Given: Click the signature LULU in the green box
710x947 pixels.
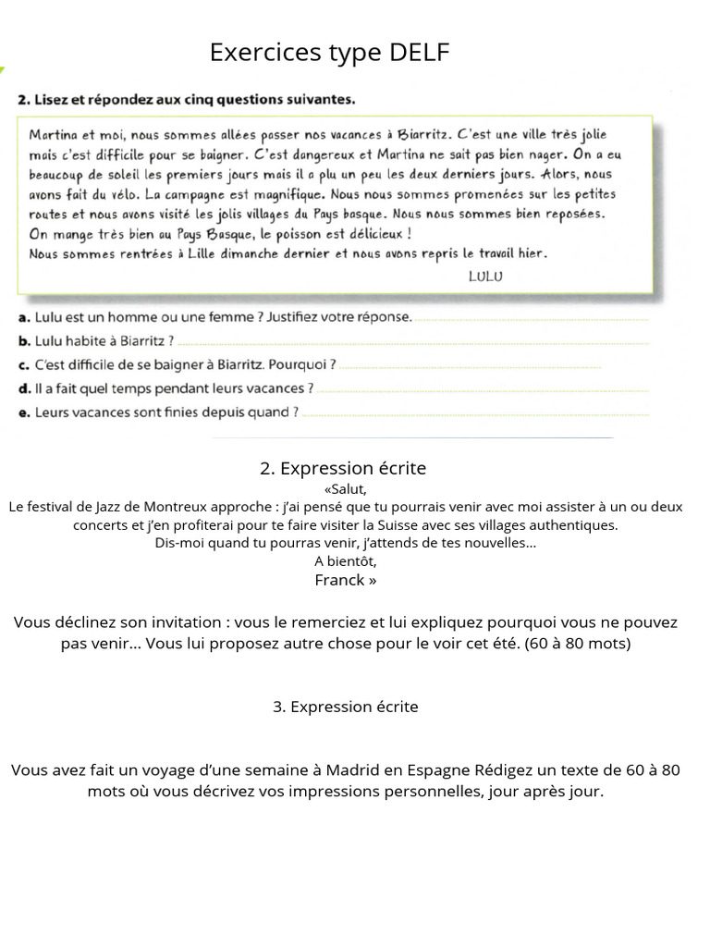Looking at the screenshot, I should [485, 275].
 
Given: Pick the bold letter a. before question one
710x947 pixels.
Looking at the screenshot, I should [24, 317].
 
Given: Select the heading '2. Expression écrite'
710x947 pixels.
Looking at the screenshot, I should [343, 469].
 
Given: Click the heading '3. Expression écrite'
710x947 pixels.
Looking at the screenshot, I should [346, 707].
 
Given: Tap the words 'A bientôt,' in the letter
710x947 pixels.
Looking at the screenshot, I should [346, 561].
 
